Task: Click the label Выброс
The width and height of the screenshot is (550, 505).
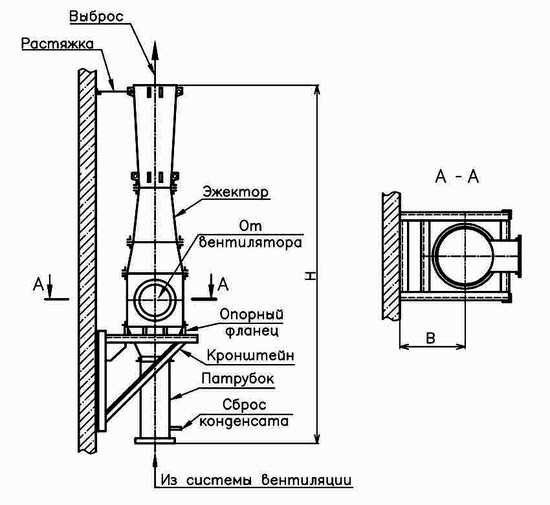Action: point(96,16)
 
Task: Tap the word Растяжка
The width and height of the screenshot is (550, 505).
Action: point(58,44)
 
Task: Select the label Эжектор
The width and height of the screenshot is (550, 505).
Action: point(236,192)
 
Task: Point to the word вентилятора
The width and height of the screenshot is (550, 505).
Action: point(250,242)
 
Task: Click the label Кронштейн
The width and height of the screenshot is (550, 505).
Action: point(250,356)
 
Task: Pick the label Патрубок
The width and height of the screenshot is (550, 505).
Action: point(238,379)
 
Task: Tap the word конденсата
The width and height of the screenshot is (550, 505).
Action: point(244,421)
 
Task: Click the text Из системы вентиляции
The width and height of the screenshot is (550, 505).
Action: point(256,479)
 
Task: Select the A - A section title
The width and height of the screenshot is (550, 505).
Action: point(457,177)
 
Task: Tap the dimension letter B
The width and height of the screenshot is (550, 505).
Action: point(430,338)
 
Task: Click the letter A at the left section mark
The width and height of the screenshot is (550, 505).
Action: point(38,284)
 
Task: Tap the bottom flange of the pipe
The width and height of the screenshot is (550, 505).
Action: point(155,441)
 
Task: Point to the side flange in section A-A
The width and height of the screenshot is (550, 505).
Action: point(519,256)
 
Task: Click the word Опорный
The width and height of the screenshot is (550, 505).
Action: point(252,314)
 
